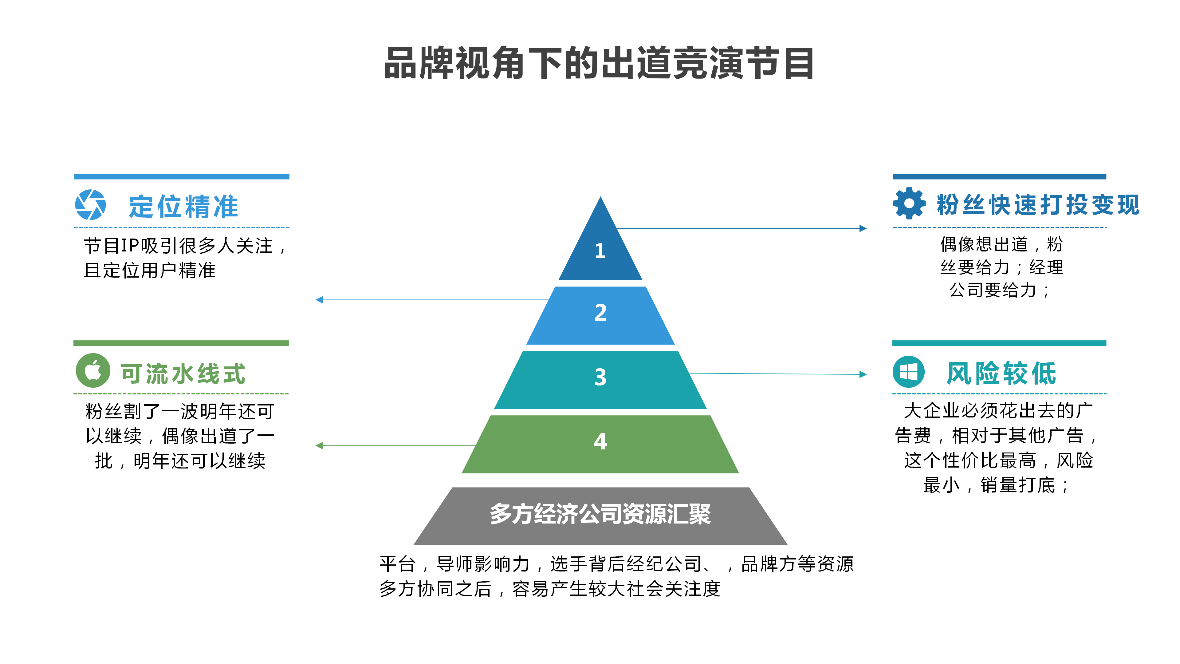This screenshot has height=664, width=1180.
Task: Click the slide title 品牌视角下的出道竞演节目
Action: pos(599,63)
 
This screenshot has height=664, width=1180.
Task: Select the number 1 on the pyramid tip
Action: pos(600,251)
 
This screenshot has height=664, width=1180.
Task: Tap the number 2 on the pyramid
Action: pos(600,313)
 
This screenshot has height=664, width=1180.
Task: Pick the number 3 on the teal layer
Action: pos(600,377)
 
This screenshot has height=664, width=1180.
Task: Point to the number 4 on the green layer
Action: pos(600,441)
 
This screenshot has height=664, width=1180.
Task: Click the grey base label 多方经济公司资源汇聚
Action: pos(600,514)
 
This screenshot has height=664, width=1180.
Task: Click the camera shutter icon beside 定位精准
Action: pos(91,205)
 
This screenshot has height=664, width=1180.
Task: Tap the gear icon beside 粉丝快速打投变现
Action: pos(909,204)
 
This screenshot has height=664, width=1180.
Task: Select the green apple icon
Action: pos(93,370)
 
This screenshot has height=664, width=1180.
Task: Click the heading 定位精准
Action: pos(183,206)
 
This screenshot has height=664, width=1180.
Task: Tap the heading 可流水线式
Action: pos(183,373)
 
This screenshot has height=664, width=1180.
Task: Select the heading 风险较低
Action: pos(1001,373)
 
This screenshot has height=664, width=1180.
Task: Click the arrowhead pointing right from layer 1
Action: pos(863,228)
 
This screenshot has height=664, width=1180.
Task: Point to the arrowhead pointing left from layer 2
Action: pos(319,300)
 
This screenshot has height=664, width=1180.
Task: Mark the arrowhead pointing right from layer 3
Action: pos(863,374)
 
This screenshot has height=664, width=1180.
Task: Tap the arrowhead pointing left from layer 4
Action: pos(319,445)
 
